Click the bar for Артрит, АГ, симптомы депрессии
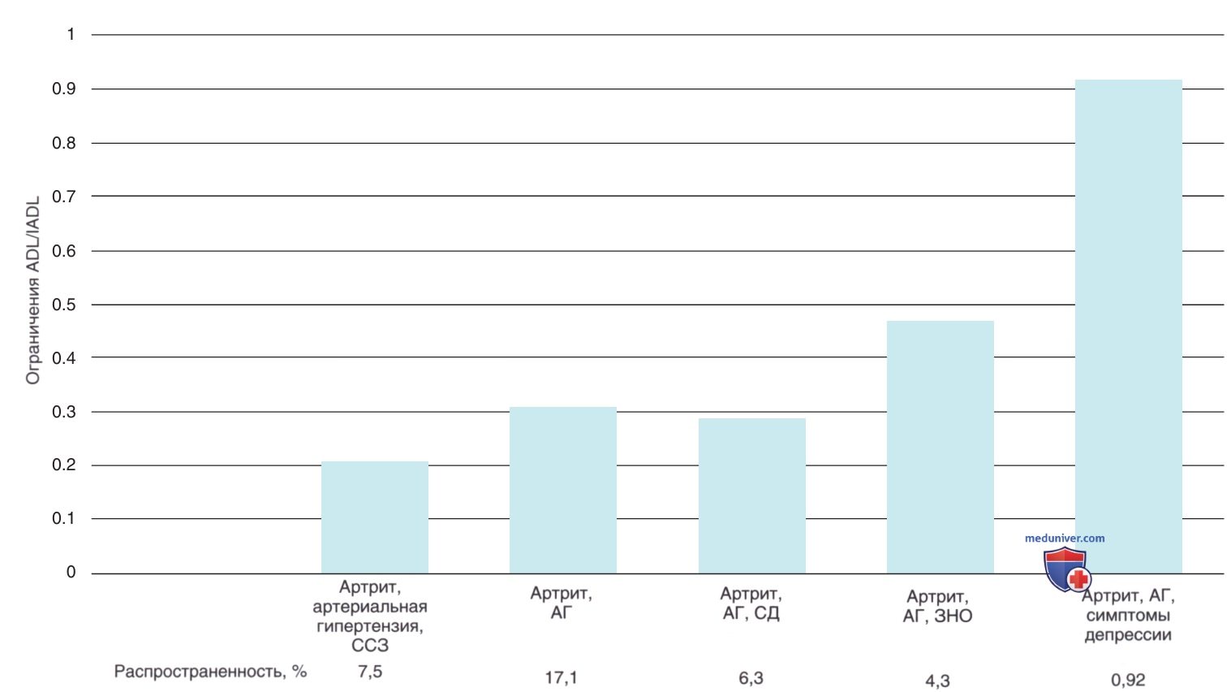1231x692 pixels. coord(1128,327)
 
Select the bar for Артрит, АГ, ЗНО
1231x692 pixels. coord(940,447)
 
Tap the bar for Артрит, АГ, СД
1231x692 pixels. coord(751,495)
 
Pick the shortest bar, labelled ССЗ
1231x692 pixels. coord(375,517)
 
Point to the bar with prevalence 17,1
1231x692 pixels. coord(562,490)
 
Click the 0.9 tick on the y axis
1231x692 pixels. coord(64,89)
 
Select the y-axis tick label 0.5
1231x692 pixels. coord(64,305)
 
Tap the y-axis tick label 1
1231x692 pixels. coord(71,35)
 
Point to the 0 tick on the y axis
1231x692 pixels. coord(71,572)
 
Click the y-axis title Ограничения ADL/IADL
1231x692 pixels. coord(33,291)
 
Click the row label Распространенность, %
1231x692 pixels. coord(210,672)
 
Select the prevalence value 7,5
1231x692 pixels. coord(370,672)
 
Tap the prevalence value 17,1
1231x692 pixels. coord(561,677)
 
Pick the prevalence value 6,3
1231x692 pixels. coord(751,677)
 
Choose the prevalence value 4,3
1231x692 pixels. coord(937,681)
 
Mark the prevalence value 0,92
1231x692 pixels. coord(1128,681)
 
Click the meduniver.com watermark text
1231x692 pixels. coord(1065,538)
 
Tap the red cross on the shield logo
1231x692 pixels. coord(1078,578)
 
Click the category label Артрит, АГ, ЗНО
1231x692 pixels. coord(937,606)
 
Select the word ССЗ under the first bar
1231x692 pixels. coord(370,645)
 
